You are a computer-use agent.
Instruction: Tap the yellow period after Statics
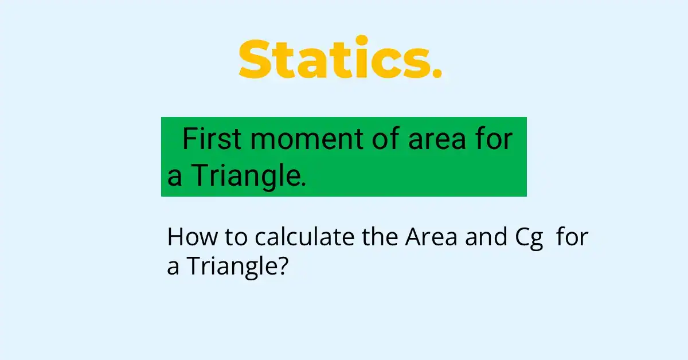click(437, 73)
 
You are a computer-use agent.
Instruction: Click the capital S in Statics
click(255, 59)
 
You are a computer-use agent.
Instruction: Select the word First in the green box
click(212, 139)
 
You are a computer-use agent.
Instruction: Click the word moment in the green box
click(307, 140)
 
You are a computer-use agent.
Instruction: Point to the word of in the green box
click(386, 139)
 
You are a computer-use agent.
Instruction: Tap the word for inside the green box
click(494, 139)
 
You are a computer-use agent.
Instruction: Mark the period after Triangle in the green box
click(304, 183)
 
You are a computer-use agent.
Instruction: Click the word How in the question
click(192, 237)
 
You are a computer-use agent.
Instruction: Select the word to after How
click(236, 237)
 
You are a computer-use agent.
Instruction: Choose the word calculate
click(304, 237)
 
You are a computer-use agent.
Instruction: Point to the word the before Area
click(380, 237)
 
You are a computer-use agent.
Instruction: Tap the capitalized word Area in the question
click(431, 237)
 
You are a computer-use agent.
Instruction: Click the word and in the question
click(486, 237)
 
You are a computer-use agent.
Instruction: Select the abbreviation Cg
click(529, 239)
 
